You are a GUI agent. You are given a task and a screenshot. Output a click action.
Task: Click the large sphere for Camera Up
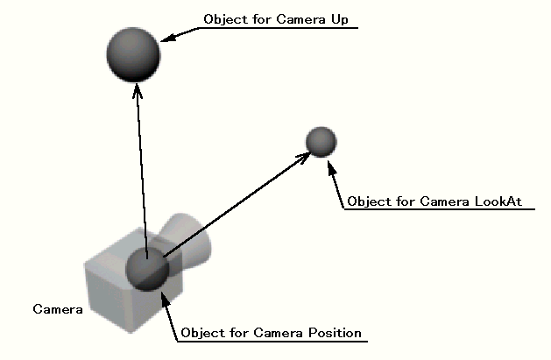[x=133, y=54]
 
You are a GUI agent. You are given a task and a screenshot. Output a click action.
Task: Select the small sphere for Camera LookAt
[x=321, y=142]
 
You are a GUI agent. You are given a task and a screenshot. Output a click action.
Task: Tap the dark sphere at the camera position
[x=147, y=269]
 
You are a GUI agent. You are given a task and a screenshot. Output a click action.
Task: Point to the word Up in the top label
[x=340, y=20]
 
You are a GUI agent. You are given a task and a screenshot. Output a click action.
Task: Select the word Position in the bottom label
[x=335, y=333]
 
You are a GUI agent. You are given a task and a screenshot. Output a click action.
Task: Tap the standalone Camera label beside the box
[x=58, y=309]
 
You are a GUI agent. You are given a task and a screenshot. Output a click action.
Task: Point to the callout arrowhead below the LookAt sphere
[x=331, y=167]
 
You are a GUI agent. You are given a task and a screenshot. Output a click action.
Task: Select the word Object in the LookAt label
[x=369, y=202]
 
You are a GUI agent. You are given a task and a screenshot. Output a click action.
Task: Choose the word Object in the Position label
[x=202, y=333]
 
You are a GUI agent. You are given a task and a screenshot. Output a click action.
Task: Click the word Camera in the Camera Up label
[x=300, y=19]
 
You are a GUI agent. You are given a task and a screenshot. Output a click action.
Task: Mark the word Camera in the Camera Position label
[x=278, y=333]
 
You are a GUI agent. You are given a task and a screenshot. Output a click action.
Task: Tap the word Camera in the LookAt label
[x=444, y=201]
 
